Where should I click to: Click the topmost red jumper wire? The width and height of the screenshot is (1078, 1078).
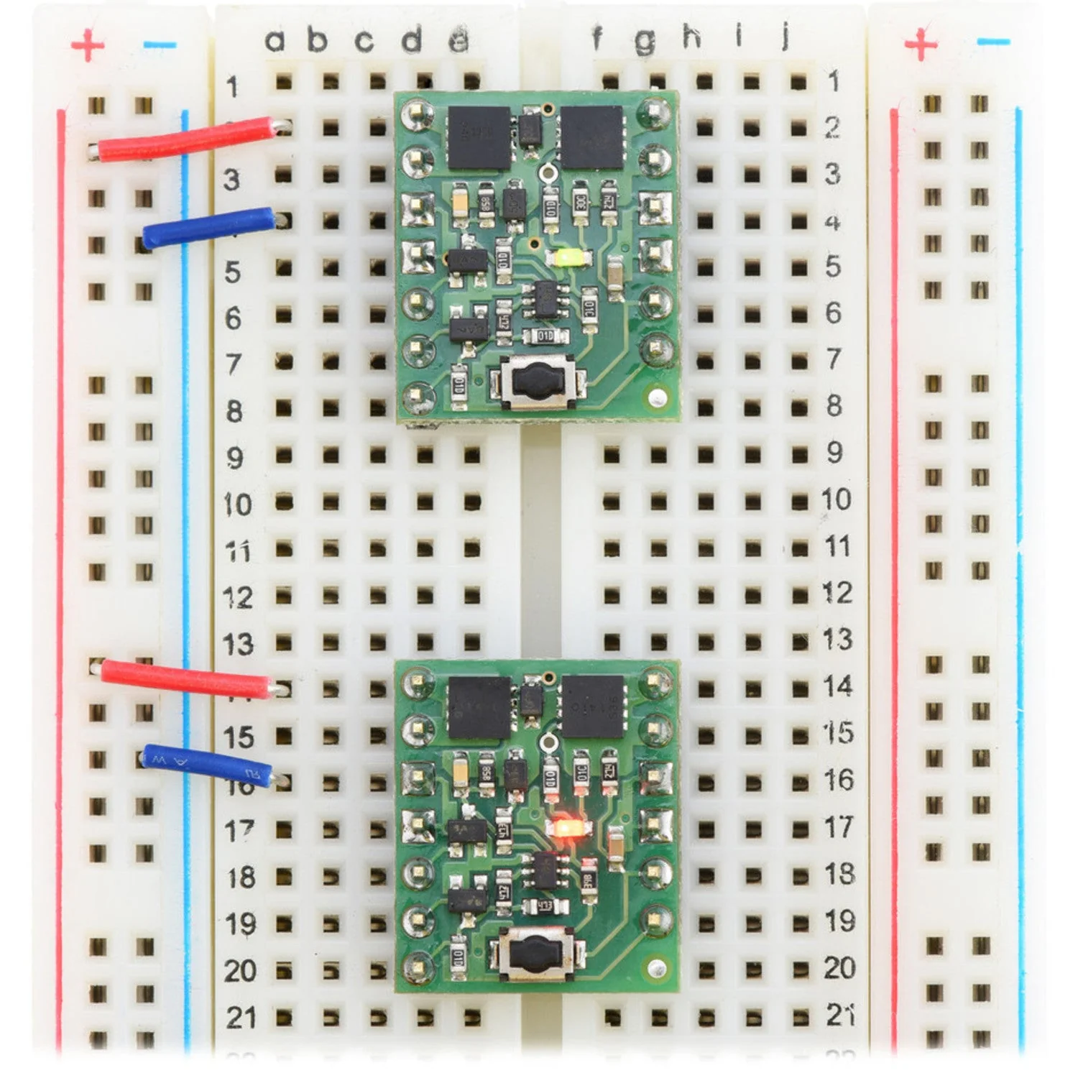187,139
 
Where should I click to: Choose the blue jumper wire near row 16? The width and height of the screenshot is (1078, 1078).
206,767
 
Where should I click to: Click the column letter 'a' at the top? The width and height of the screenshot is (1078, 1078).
275,41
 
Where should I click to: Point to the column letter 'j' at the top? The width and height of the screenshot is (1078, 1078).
786,35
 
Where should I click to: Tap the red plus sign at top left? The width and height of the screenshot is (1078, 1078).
88,45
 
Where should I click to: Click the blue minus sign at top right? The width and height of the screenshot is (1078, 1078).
994,42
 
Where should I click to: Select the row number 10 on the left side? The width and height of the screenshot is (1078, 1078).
237,505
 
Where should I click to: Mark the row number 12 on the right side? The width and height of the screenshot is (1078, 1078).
837,593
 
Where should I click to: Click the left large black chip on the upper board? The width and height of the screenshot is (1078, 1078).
479,138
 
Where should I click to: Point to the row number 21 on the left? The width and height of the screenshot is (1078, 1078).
241,1018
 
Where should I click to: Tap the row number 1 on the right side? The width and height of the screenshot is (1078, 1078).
833,81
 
